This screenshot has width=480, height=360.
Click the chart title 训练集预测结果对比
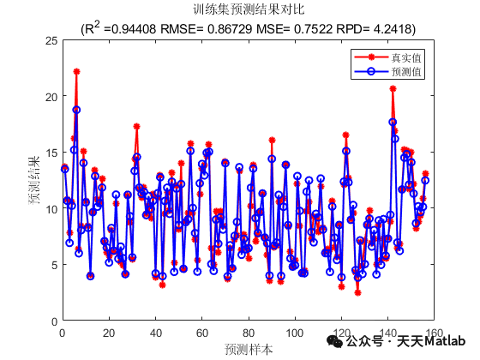(x=249, y=11)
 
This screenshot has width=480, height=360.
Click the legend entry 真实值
(x=407, y=57)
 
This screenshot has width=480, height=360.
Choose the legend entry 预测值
(x=407, y=73)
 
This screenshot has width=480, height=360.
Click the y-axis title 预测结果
(x=34, y=180)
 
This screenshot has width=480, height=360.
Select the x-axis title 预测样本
(x=249, y=349)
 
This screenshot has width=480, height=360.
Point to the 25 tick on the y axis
(x=51, y=40)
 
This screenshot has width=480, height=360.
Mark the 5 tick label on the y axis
(x=54, y=264)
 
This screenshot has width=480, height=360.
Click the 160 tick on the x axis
(x=434, y=333)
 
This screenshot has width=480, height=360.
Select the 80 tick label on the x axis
(x=248, y=333)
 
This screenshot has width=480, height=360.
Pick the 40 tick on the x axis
(x=155, y=333)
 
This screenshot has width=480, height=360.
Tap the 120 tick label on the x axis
(x=341, y=333)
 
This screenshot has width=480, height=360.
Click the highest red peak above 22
(x=76, y=72)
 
